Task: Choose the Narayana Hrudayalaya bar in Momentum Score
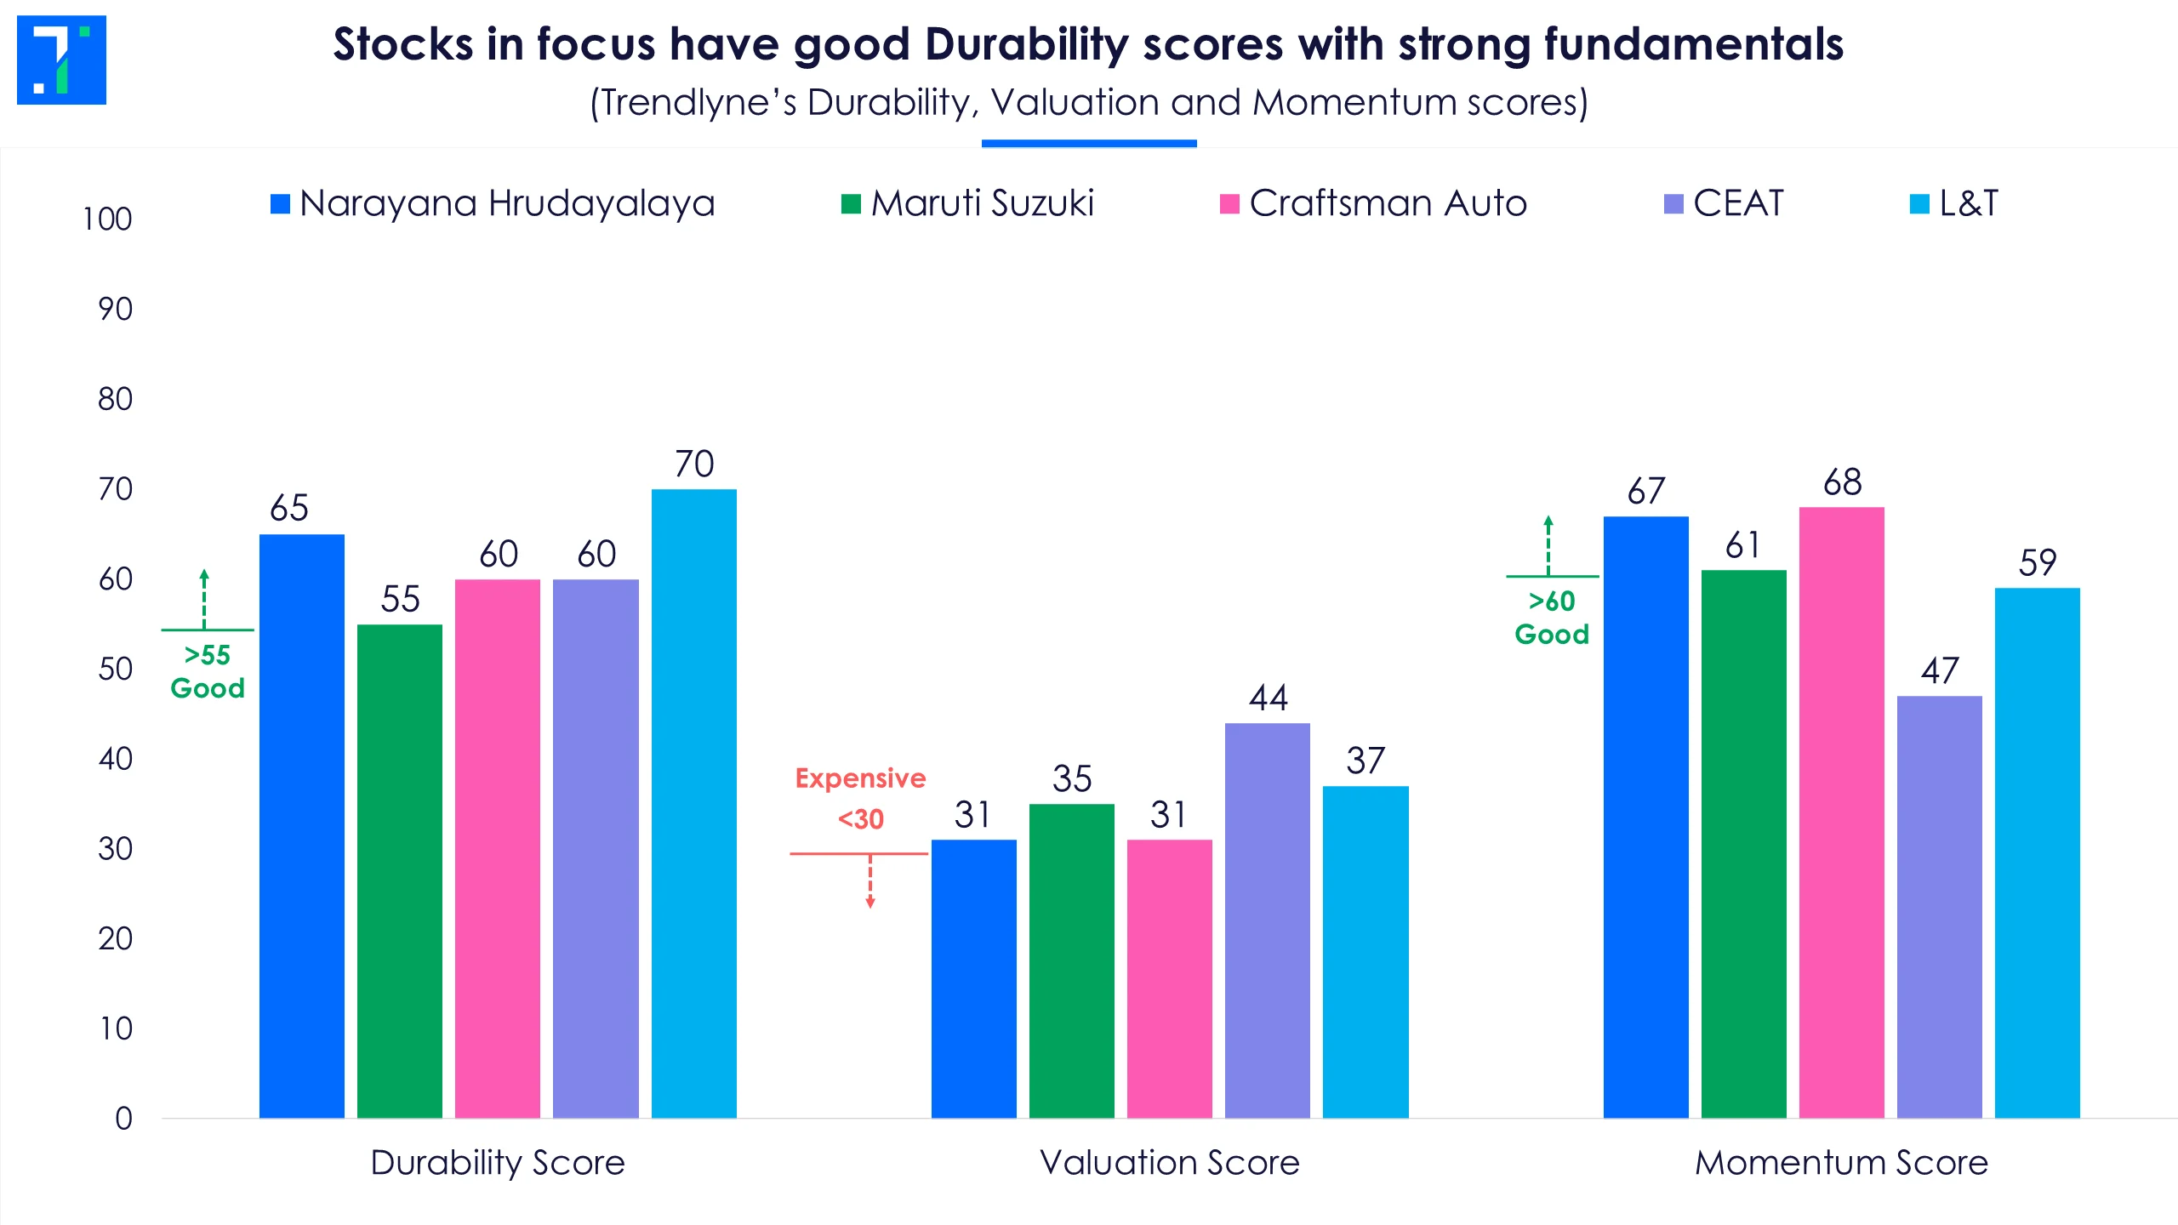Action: click(x=1645, y=817)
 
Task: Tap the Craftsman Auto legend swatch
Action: click(x=1229, y=204)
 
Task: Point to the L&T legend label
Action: click(x=1968, y=203)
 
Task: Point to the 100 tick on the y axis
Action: click(x=107, y=219)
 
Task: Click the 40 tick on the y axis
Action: click(x=115, y=759)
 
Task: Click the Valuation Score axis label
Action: click(x=1170, y=1162)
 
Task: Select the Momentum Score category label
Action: click(x=1841, y=1162)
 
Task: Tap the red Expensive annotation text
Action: click(x=860, y=778)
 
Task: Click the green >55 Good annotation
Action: click(x=207, y=671)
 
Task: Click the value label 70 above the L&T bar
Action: click(x=693, y=464)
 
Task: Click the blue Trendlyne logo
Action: click(x=61, y=60)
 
